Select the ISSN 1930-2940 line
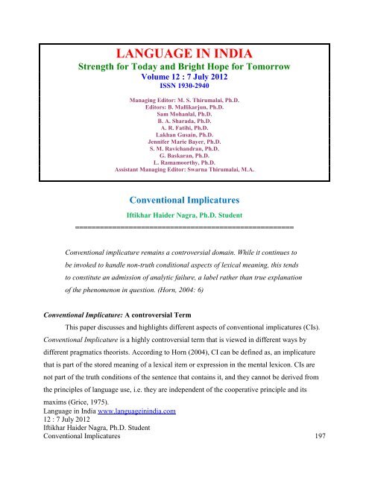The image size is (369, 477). [x=184, y=85]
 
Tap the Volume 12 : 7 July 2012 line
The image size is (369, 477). [x=184, y=75]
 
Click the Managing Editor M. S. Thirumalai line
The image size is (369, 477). [x=184, y=98]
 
